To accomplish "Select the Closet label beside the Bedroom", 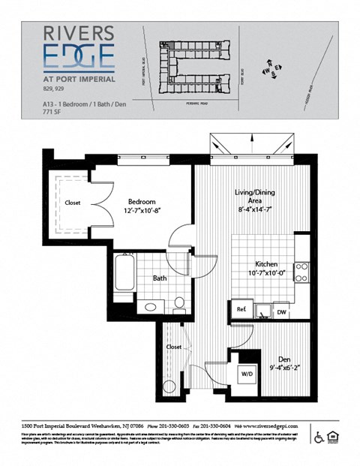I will [73, 203].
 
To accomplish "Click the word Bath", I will [160, 278].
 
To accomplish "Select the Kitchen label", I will [266, 265].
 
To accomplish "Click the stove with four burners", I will [301, 272].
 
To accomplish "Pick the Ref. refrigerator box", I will [241, 308].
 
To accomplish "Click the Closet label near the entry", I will [174, 347].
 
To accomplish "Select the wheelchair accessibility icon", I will [318, 437].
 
